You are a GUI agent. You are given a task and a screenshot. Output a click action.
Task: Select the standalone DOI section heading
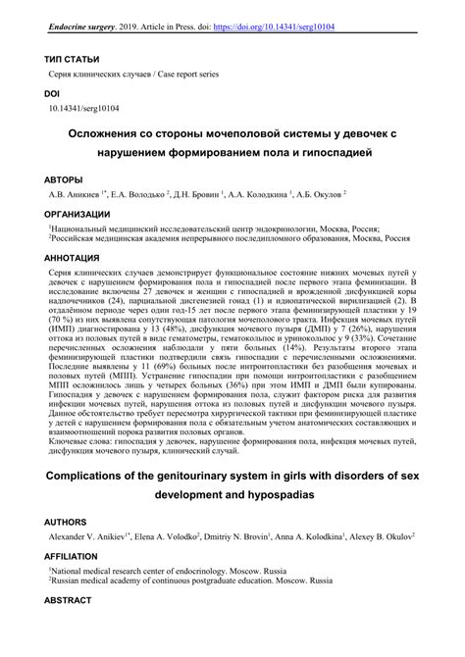click(52, 93)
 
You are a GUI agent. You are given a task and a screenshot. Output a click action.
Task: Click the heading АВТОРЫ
click(64, 178)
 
